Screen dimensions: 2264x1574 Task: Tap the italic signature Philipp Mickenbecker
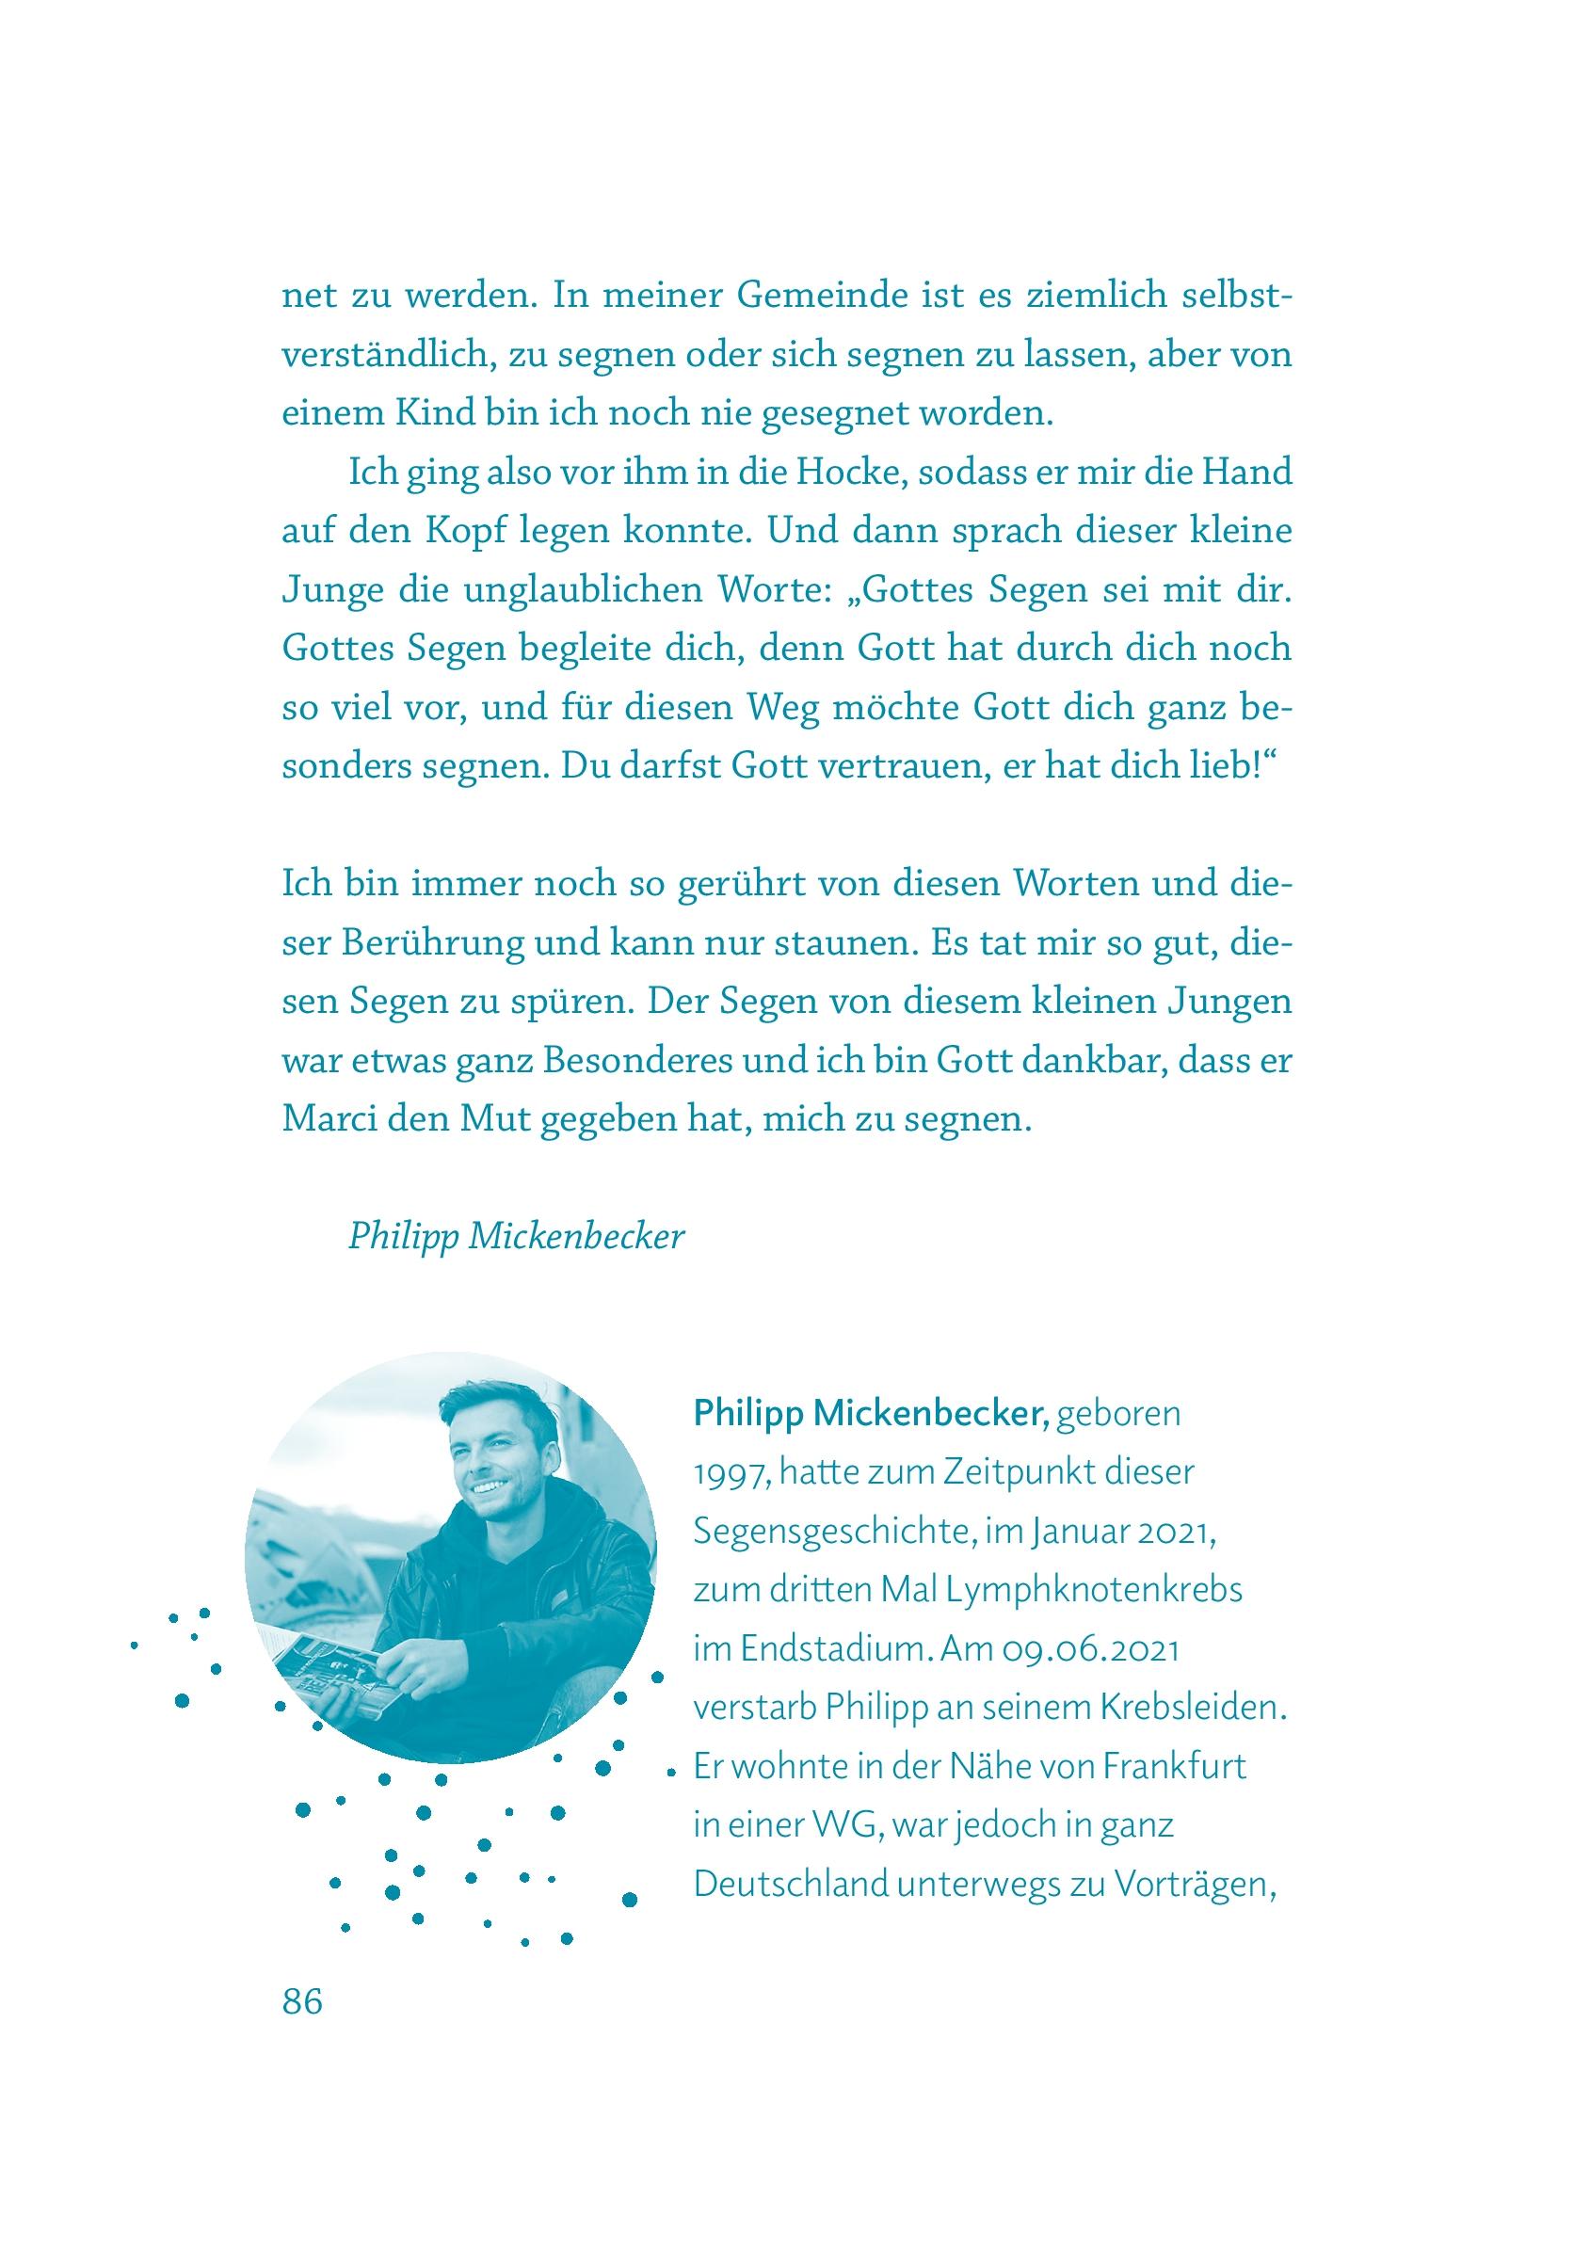[x=516, y=1238]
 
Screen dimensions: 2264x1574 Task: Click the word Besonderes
[x=626, y=1063]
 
